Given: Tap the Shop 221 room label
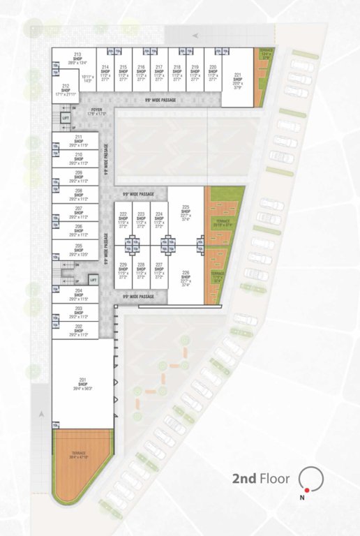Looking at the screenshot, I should (x=238, y=77).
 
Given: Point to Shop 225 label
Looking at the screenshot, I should (x=186, y=211).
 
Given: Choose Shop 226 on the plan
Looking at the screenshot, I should (x=186, y=276).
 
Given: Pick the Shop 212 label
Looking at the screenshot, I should (x=66, y=89).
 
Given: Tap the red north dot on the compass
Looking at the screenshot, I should (x=306, y=490).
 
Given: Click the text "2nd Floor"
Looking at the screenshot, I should (x=261, y=479).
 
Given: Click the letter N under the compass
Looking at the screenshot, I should (x=302, y=498).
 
